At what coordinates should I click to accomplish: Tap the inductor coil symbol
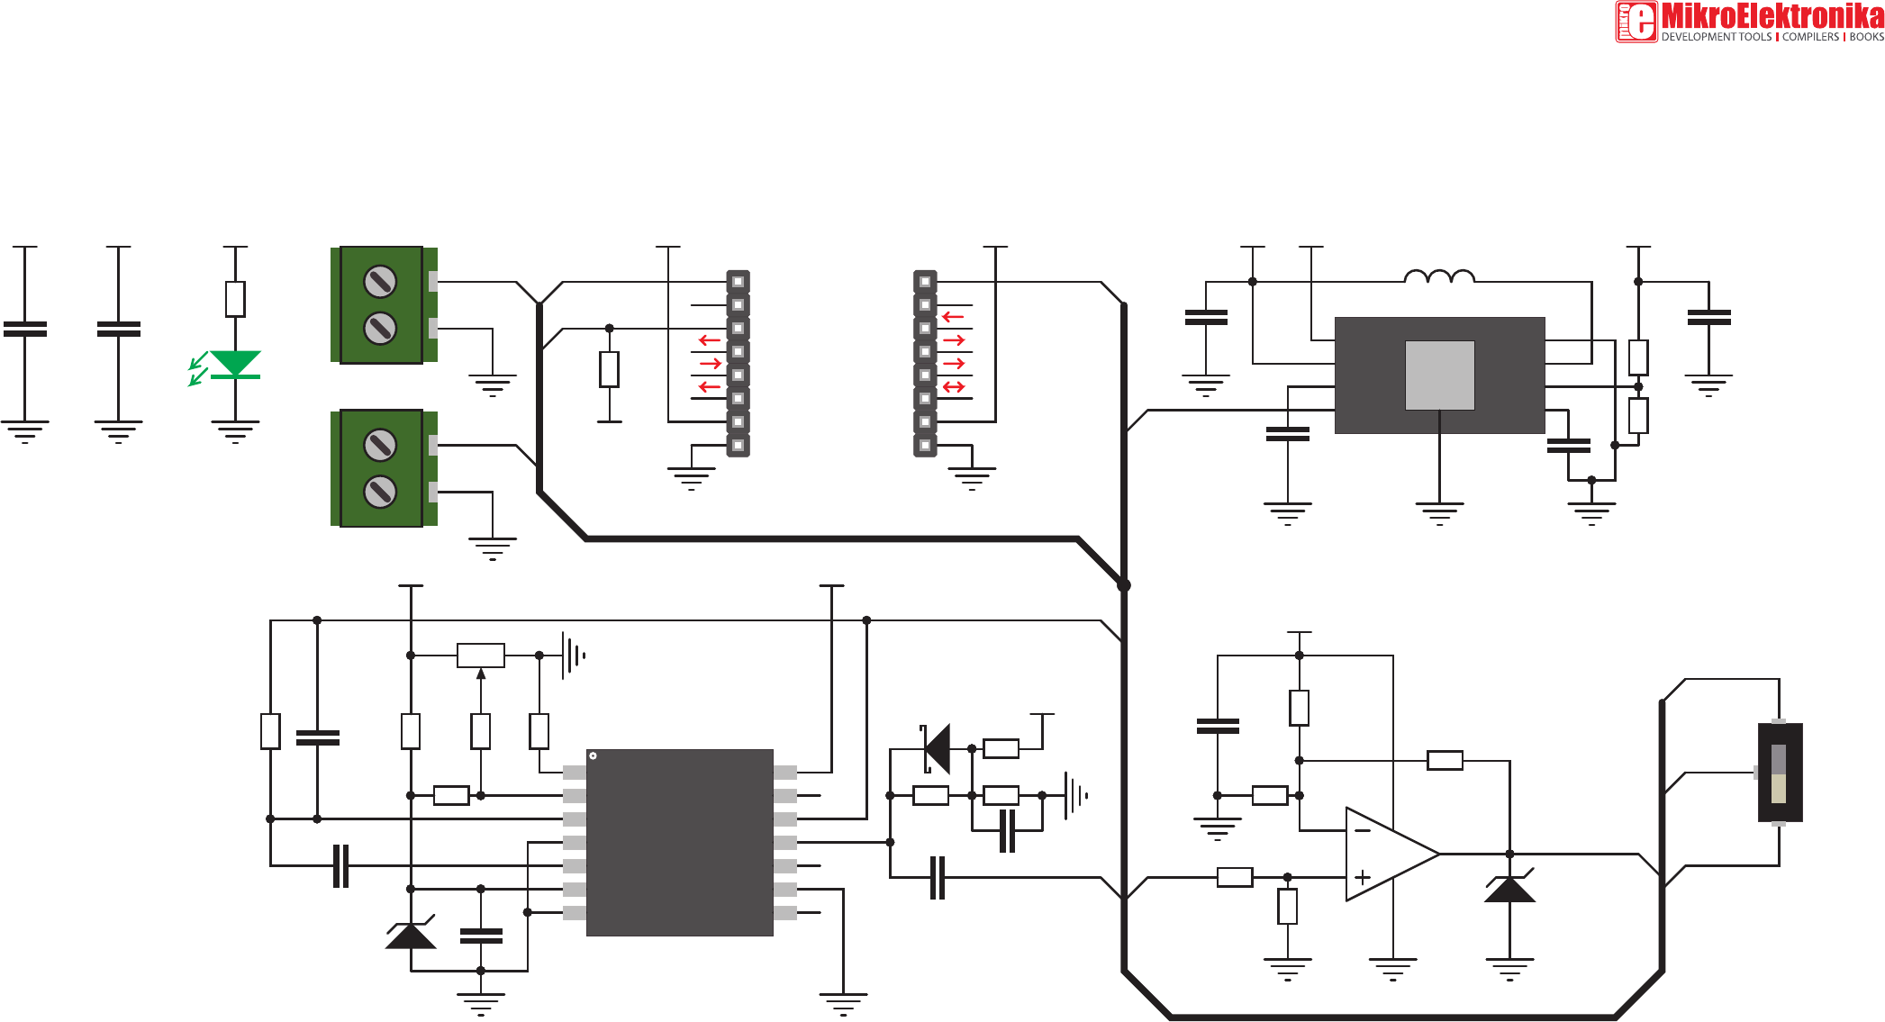(x=1439, y=276)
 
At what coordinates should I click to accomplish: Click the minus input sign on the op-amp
(x=1363, y=830)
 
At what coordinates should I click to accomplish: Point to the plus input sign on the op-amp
(x=1363, y=876)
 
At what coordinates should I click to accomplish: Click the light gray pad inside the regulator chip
(x=1439, y=375)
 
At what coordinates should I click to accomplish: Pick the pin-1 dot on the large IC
(x=593, y=755)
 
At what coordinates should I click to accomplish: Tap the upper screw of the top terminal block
(x=380, y=282)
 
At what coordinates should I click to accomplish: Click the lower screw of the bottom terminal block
(x=380, y=492)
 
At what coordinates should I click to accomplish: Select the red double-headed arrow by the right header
(x=954, y=387)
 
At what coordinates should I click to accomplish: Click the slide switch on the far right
(x=1780, y=773)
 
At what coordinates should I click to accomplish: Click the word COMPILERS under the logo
(x=1810, y=37)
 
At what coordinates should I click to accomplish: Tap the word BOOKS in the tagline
(x=1866, y=37)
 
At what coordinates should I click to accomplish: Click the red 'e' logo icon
(x=1636, y=22)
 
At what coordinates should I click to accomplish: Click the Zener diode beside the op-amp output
(x=1509, y=888)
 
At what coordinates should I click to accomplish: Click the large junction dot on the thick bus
(x=1124, y=585)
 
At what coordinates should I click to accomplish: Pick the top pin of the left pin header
(x=738, y=282)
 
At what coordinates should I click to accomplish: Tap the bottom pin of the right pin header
(x=925, y=445)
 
